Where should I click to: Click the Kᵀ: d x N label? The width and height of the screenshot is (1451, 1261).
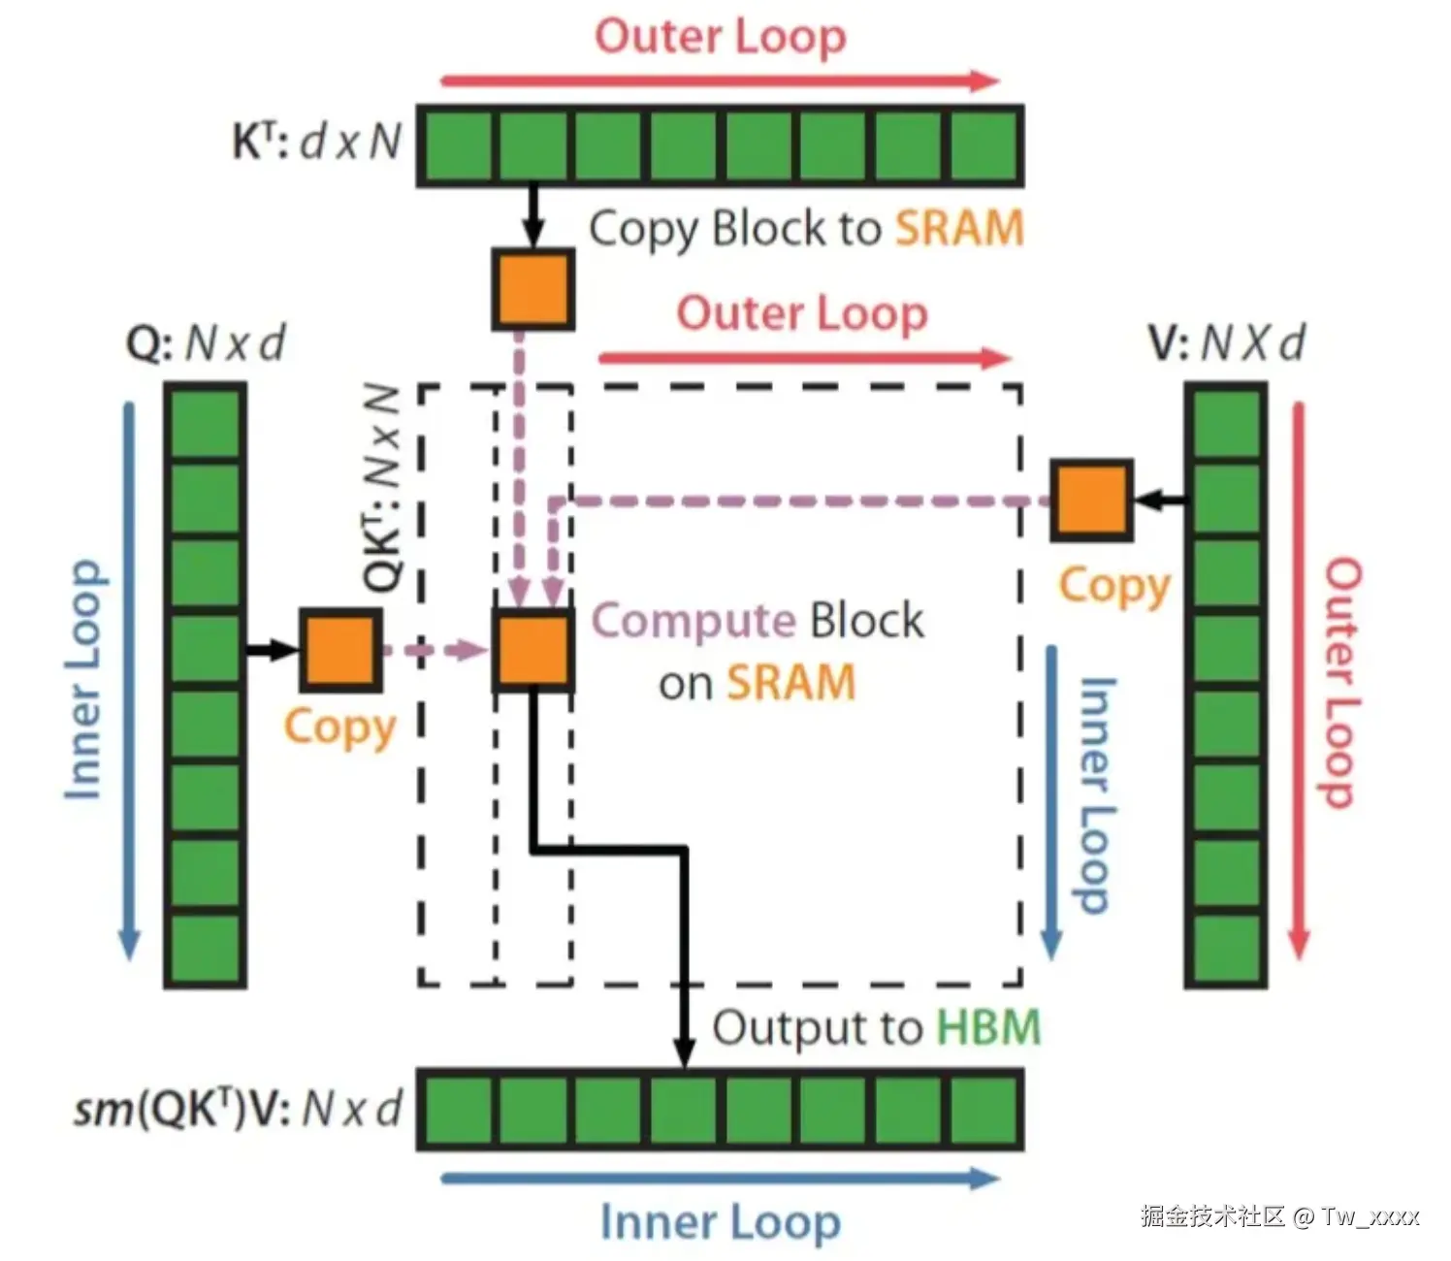317,142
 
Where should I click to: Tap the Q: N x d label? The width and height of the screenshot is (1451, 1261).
205,343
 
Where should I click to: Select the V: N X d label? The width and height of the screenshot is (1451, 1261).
1226,343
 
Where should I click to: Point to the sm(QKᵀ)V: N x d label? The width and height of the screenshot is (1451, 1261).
239,1109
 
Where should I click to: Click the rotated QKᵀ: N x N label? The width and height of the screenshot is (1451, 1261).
382,489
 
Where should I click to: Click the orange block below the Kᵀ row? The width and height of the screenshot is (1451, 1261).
532,289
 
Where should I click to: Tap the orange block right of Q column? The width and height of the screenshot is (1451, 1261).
341,650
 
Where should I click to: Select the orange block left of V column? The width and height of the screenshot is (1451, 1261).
1091,501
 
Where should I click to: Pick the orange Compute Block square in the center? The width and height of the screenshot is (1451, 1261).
533,650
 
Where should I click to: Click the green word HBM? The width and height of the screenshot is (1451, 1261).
989,1027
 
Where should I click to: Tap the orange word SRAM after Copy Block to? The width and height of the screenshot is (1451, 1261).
959,228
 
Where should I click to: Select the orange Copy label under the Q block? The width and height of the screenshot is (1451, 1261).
339,728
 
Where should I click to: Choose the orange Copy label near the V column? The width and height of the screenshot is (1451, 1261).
1114,587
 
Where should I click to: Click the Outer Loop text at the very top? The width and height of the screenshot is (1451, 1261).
721,36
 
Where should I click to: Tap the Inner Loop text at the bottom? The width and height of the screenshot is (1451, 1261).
721,1221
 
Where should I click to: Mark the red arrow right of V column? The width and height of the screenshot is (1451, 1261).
1299,681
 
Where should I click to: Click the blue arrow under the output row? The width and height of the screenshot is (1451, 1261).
721,1179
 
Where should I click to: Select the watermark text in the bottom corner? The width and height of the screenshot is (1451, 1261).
1279,1216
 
